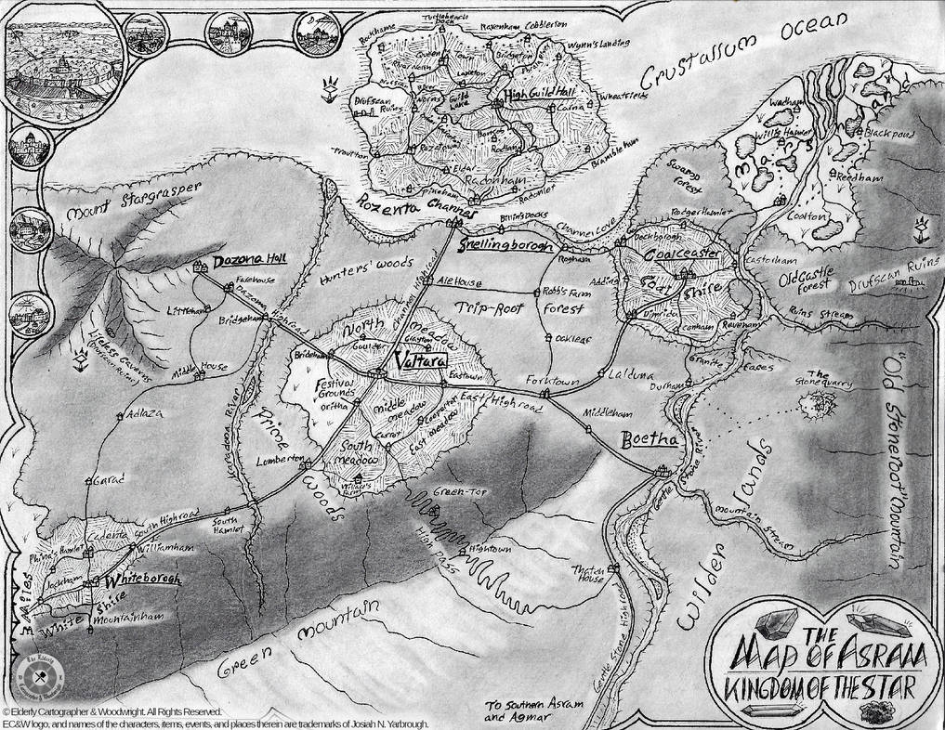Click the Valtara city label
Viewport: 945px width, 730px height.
click(408, 358)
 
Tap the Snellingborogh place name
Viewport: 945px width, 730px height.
click(506, 247)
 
